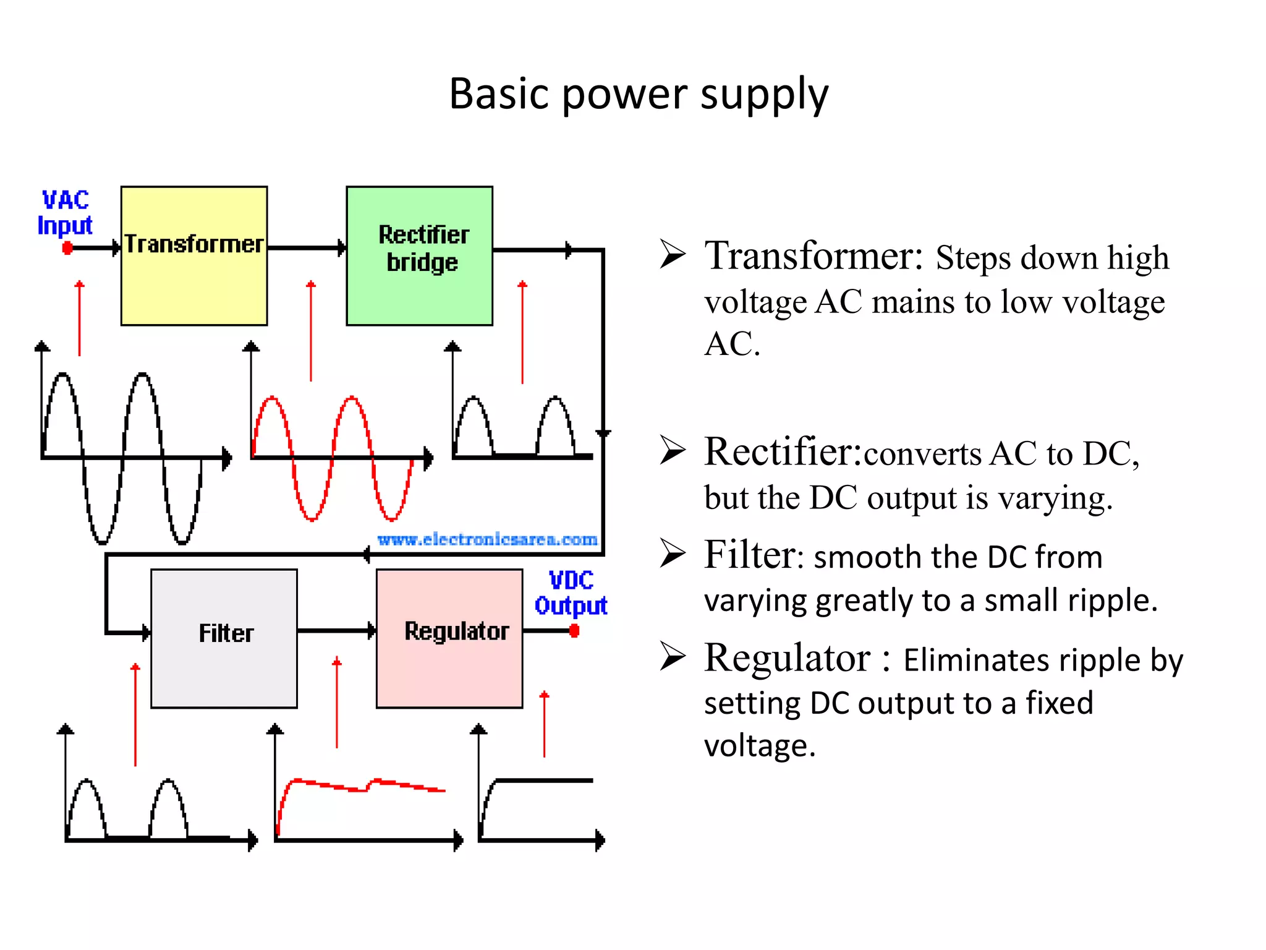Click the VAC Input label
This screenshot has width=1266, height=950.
coord(65,213)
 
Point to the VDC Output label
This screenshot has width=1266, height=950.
coord(571,593)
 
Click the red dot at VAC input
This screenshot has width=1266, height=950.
coord(67,248)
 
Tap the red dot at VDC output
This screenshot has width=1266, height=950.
coord(574,631)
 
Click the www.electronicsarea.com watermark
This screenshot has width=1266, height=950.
coord(487,539)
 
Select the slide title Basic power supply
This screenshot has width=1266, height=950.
coord(638,94)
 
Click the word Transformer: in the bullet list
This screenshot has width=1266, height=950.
coord(814,255)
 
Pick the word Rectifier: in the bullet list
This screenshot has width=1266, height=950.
coord(783,451)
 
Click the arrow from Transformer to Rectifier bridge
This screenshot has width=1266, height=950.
coord(307,248)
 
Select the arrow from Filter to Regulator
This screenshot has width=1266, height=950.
coord(336,631)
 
